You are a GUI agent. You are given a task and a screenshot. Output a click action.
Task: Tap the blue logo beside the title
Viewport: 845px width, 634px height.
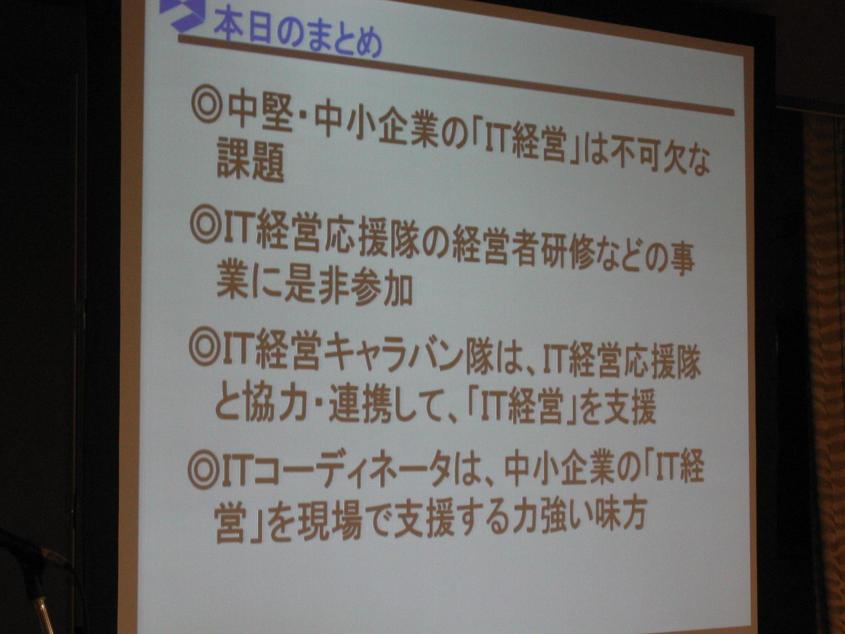[x=182, y=14]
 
